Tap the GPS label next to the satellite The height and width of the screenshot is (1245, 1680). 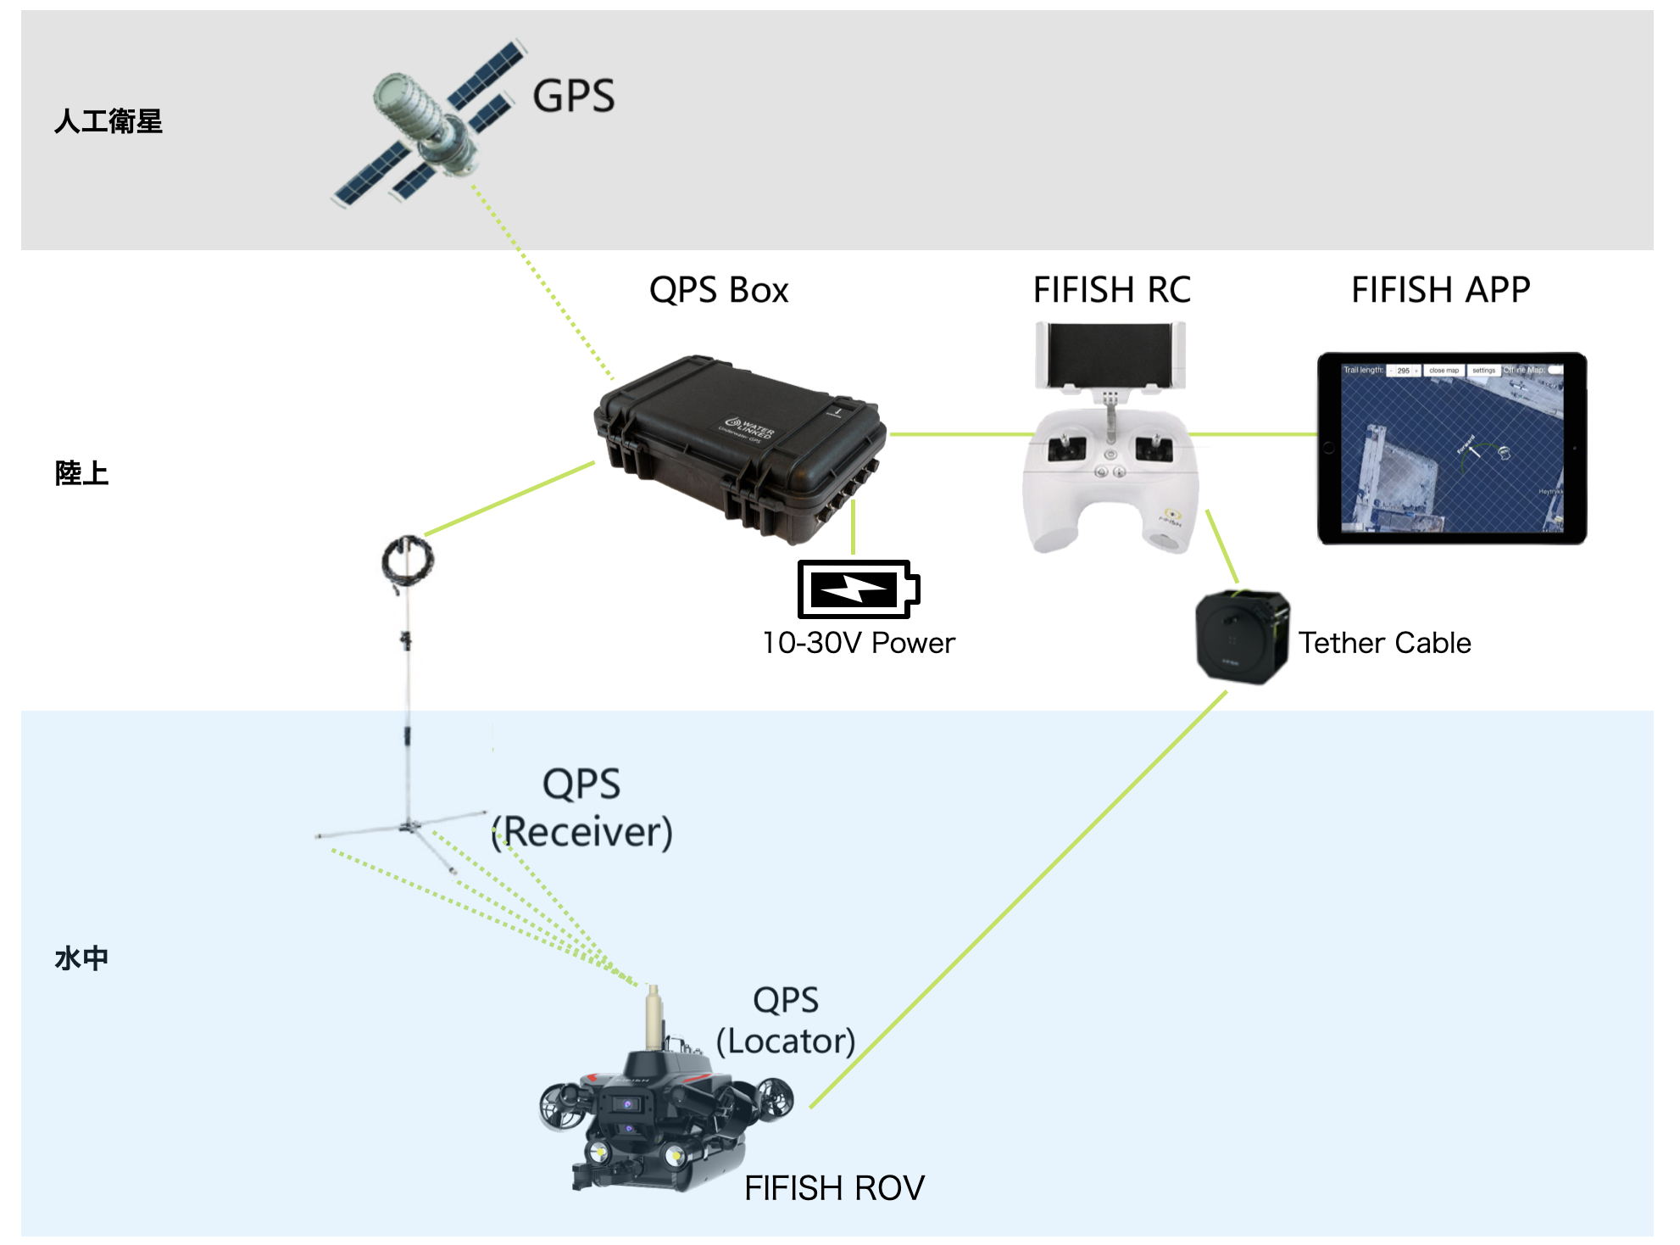point(573,96)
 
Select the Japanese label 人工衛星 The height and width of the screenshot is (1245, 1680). point(108,121)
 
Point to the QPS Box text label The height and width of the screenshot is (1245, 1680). point(718,290)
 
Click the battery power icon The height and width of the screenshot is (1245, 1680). point(858,589)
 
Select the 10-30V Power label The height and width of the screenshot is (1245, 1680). point(858,643)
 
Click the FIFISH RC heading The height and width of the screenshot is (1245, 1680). point(1111,290)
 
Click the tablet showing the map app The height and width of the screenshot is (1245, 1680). point(1451,448)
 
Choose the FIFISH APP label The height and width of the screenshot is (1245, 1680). point(1440,290)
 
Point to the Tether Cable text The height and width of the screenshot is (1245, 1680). point(1384,643)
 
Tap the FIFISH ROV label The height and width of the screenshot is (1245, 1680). point(834,1188)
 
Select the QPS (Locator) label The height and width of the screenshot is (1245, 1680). point(786,1021)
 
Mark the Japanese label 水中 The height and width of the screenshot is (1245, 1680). point(81,958)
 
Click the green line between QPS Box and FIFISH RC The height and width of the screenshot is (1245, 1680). point(958,434)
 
